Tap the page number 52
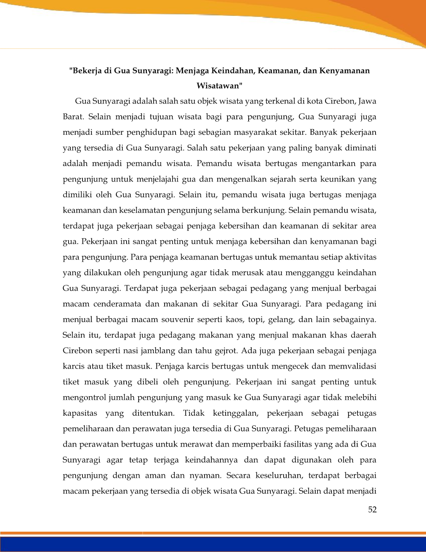pos(372,509)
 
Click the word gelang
pos(281,320)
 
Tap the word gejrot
pos(226,351)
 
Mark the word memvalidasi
pos(353,366)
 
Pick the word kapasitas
pos(80,413)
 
